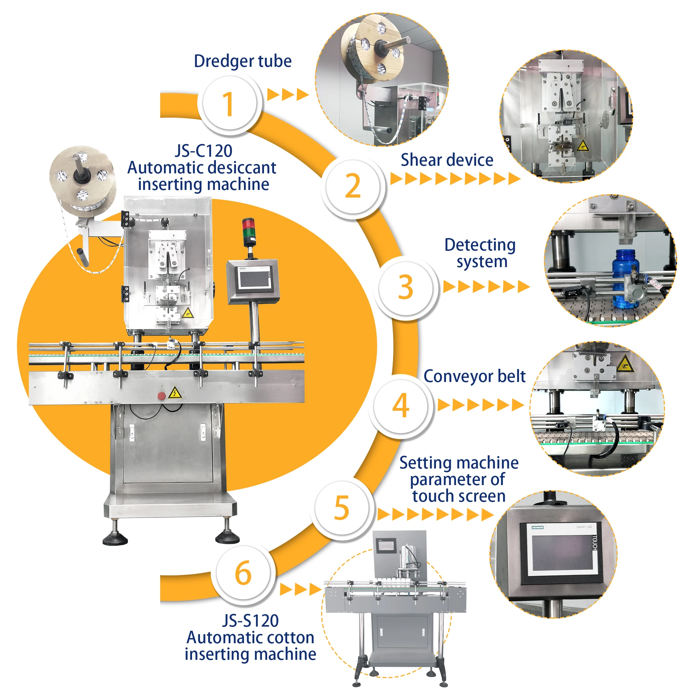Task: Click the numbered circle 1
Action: pos(229,103)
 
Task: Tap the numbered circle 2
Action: pos(353,186)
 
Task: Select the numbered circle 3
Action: pos(406,287)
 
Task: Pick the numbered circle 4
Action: pos(400,405)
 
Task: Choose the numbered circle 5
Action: pos(342,508)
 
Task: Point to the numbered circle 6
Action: pos(243,573)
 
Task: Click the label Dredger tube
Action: pos(243,61)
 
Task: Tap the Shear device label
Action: pos(447,160)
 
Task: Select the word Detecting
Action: pos(480,245)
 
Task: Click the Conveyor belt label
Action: pos(474,376)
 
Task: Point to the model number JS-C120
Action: pos(203,151)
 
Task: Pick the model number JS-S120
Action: pos(251,621)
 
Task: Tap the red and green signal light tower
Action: pos(249,233)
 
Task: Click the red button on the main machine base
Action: pos(162,396)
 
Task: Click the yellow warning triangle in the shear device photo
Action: pos(582,146)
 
